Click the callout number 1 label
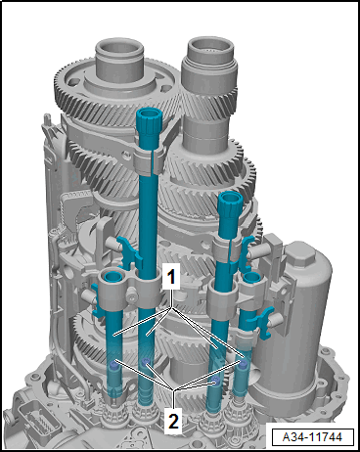tap(171, 277)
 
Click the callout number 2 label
tap(173, 421)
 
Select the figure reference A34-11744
tap(312, 436)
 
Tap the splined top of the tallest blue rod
tap(150, 120)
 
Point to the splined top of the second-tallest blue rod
tap(230, 203)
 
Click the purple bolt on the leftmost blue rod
tap(114, 364)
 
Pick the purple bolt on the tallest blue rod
tap(146, 362)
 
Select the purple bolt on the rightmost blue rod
tap(243, 365)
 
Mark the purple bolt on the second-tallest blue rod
tap(215, 380)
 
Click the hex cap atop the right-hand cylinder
tap(300, 257)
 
